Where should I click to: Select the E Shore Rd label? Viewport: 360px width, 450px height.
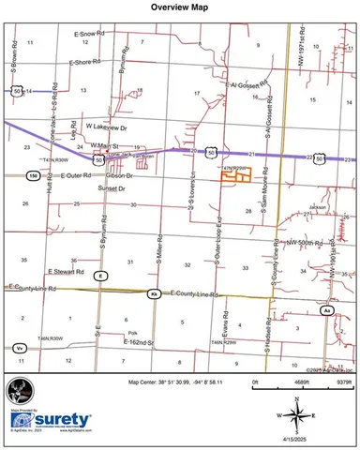tap(87, 62)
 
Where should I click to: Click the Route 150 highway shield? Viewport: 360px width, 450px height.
tap(33, 175)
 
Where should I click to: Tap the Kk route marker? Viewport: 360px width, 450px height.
tap(154, 294)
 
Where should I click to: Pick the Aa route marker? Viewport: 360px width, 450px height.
tap(327, 308)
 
